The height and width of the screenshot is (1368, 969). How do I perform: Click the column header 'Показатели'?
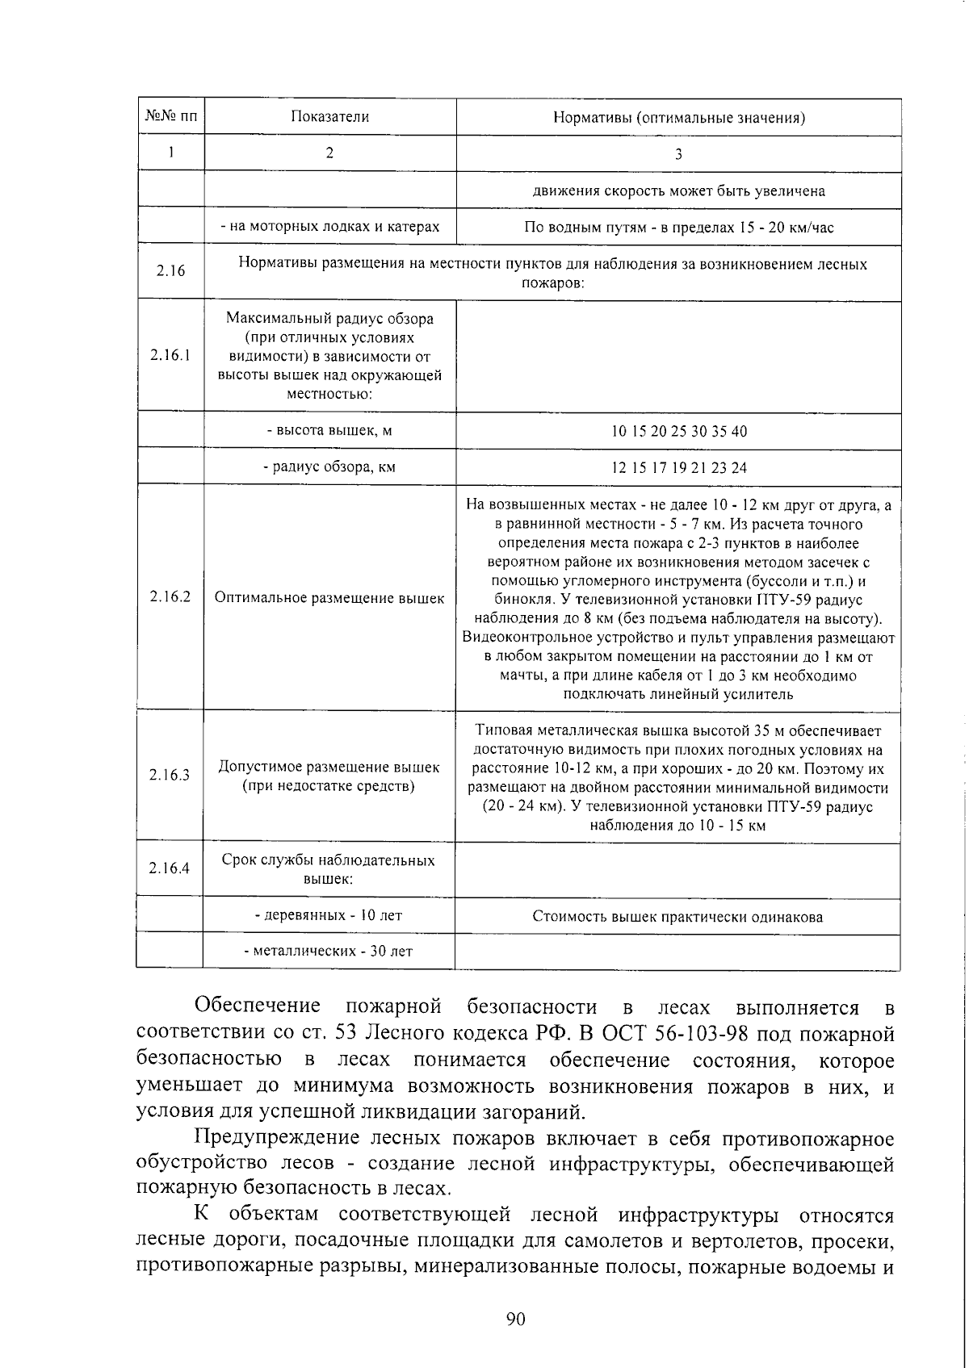(329, 117)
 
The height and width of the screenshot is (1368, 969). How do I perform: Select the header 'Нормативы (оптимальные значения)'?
(678, 118)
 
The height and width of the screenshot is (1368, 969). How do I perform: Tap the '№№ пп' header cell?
(170, 117)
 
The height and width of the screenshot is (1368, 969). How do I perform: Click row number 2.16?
(170, 270)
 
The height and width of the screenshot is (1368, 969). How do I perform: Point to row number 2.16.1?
(170, 355)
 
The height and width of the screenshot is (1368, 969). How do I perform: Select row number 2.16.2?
(170, 597)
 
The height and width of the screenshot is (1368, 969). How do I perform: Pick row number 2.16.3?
(170, 776)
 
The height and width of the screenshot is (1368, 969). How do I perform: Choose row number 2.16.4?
(170, 868)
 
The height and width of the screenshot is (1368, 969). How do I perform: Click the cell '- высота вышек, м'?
(329, 430)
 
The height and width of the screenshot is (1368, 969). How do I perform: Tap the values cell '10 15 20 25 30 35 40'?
(678, 431)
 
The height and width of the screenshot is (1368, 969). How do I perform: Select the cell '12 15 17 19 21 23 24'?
(678, 467)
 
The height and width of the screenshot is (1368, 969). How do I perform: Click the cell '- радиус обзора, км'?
(329, 466)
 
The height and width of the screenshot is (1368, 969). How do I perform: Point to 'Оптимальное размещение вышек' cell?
(329, 598)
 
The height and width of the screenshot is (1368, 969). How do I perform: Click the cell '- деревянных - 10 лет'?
(329, 915)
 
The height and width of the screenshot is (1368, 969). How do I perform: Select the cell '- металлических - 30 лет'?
(329, 951)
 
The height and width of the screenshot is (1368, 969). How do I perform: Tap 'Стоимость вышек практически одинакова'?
(677, 916)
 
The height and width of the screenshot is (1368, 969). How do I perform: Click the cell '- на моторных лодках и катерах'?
(329, 227)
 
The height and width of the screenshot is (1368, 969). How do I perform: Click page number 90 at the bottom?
(515, 1319)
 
